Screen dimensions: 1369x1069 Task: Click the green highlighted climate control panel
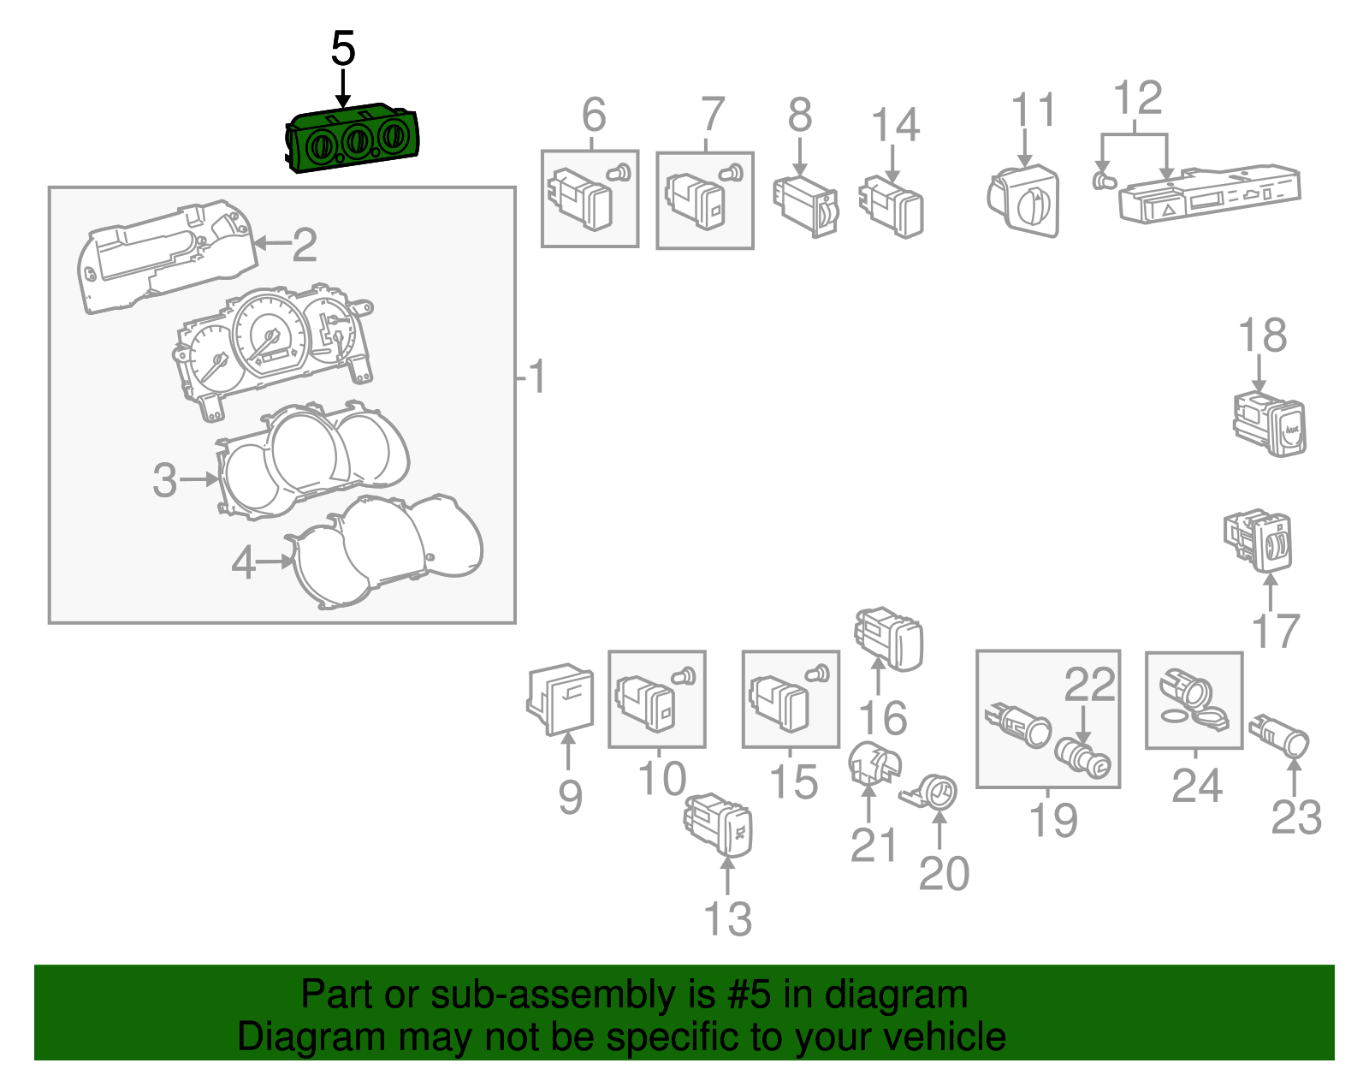(353, 139)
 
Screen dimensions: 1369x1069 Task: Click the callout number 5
(343, 49)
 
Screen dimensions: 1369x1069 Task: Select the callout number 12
(1137, 98)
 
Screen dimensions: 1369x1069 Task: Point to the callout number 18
(1263, 336)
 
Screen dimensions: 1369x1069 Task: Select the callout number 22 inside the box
(1089, 684)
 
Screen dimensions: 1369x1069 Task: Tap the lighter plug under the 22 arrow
(1082, 760)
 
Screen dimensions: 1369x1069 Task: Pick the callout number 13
(727, 919)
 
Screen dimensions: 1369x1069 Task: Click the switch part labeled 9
(560, 698)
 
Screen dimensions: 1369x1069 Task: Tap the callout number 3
(165, 480)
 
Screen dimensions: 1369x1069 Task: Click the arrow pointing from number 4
(276, 561)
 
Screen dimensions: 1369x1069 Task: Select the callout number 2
(305, 245)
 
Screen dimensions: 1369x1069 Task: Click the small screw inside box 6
(619, 172)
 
